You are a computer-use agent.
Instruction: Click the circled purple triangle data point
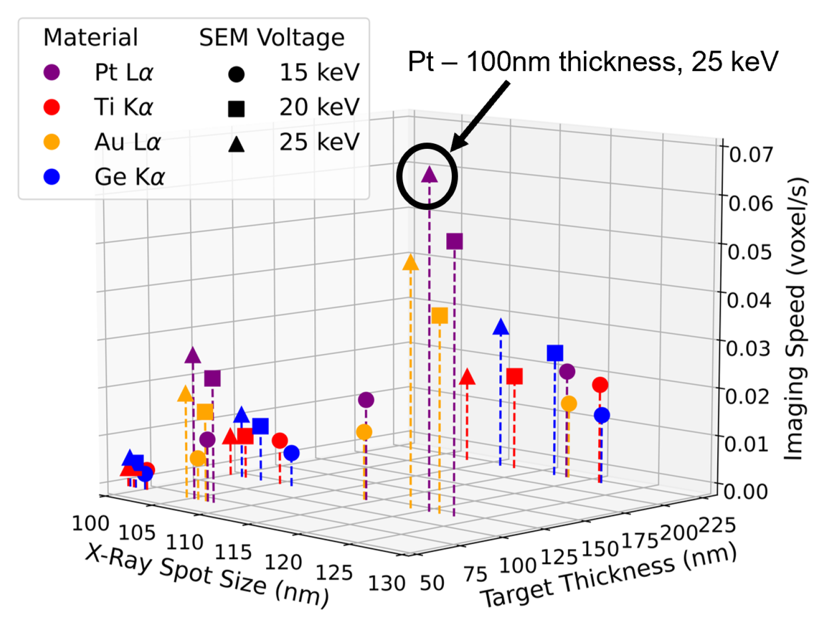[x=429, y=175]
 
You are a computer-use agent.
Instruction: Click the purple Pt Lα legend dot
[x=52, y=72]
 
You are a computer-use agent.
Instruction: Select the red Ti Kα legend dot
[x=52, y=107]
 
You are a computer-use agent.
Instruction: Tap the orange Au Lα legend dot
[x=52, y=142]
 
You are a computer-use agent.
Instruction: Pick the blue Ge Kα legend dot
[x=52, y=177]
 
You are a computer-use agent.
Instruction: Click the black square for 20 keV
[x=236, y=108]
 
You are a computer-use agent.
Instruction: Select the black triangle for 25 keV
[x=236, y=144]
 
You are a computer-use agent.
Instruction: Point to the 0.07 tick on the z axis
[x=751, y=155]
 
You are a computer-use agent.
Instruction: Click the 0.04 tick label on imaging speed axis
[x=749, y=300]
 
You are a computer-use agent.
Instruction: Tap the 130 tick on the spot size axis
[x=386, y=584]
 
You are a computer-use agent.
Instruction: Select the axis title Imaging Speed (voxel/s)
[x=795, y=317]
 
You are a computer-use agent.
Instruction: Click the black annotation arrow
[x=480, y=117]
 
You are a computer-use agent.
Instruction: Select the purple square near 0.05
[x=454, y=242]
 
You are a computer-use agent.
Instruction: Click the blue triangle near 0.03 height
[x=501, y=327]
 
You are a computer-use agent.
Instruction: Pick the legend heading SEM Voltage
[x=272, y=38]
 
